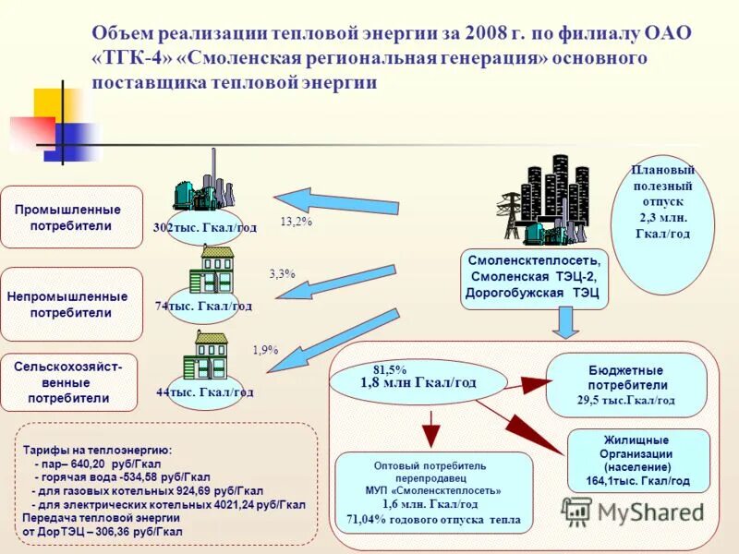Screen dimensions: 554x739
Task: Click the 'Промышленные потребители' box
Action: [72, 217]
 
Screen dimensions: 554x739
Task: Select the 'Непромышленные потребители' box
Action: [72, 305]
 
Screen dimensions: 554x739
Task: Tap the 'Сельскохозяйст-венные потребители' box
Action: [69, 382]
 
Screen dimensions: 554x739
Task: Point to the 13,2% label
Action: [296, 222]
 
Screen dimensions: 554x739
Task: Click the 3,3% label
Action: [282, 274]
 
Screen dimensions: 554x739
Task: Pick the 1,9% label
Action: [265, 350]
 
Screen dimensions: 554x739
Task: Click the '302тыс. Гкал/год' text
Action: [205, 227]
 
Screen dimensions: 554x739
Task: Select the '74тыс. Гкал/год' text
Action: [203, 306]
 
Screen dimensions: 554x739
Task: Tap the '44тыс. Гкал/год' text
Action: [204, 391]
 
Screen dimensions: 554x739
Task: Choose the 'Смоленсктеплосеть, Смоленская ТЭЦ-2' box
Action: [535, 278]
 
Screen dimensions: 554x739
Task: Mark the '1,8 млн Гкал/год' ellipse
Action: [418, 382]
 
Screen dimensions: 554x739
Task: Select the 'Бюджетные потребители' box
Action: [627, 385]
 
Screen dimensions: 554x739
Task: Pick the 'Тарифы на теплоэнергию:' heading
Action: [98, 450]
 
